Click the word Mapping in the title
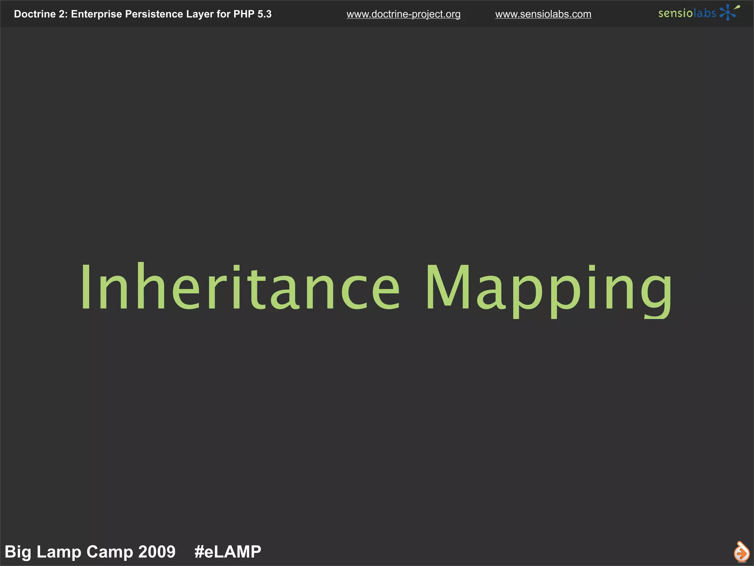[549, 289]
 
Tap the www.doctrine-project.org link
[404, 14]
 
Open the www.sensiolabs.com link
[543, 14]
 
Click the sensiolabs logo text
[687, 13]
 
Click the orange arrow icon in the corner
[741, 552]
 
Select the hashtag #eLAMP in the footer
[228, 552]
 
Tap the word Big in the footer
[18, 552]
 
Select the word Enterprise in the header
[96, 14]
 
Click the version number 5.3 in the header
[264, 14]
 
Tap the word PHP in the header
[244, 14]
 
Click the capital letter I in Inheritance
[86, 287]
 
